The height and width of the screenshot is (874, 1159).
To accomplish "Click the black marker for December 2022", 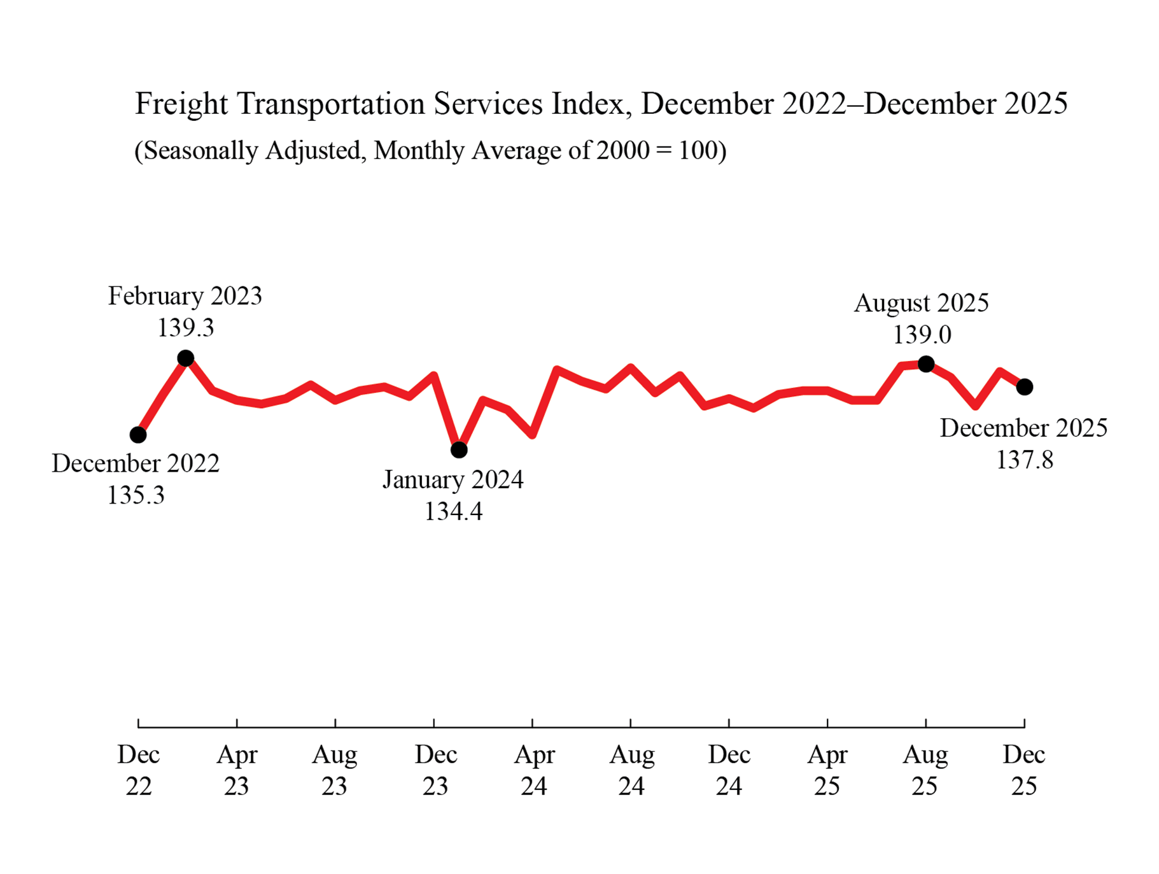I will (138, 435).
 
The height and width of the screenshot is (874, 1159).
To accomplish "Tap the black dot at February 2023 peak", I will (185, 358).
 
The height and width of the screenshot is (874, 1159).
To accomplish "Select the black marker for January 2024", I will (459, 450).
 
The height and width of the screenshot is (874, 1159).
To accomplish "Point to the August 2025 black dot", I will (926, 364).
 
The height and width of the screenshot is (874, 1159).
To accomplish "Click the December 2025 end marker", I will (1024, 387).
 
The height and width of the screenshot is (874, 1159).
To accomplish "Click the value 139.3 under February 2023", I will (185, 328).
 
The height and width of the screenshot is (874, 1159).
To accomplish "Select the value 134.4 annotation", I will (453, 512).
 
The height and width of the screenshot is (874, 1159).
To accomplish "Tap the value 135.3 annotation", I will (136, 495).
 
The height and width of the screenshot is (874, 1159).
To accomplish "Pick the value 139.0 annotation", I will (922, 335).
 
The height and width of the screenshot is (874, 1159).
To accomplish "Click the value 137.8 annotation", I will (1024, 460).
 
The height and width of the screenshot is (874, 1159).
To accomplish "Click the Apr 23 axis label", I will (237, 770).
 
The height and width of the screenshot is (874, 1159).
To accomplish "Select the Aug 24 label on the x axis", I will (631, 770).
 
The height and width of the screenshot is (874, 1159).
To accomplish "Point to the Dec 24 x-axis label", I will (729, 770).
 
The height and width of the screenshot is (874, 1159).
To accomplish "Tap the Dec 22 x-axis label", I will (138, 770).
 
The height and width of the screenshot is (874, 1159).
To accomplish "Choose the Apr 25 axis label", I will (827, 770).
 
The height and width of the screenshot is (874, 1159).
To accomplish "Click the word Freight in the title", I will (181, 104).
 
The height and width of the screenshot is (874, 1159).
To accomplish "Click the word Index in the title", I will (588, 104).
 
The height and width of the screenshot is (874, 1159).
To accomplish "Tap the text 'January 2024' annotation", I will (453, 480).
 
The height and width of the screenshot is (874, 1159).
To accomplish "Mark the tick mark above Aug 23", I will (335, 722).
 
